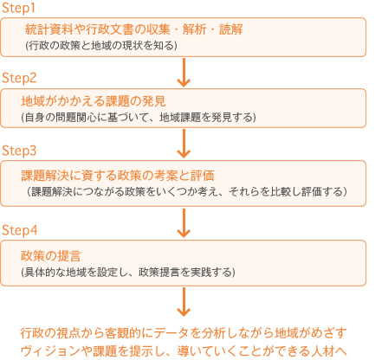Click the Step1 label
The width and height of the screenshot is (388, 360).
click(18, 8)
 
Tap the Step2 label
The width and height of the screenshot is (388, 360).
click(19, 78)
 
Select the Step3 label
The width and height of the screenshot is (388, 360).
click(19, 151)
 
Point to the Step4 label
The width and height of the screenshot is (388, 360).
click(20, 230)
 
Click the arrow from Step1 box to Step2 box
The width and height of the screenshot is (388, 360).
click(184, 72)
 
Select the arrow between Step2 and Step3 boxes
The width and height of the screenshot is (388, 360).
click(184, 144)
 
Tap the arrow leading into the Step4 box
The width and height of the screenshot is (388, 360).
click(184, 223)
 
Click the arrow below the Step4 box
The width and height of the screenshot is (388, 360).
click(184, 302)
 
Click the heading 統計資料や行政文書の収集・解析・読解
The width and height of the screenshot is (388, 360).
click(134, 29)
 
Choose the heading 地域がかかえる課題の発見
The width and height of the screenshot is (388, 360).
click(94, 101)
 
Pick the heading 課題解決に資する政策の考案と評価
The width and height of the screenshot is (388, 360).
click(118, 175)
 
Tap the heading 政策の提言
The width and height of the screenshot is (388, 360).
click(51, 255)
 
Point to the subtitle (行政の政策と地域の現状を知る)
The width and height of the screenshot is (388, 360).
click(101, 46)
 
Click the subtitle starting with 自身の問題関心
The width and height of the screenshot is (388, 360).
click(139, 117)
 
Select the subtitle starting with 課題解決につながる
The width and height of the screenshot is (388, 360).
click(187, 191)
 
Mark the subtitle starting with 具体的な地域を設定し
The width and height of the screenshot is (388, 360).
click(128, 272)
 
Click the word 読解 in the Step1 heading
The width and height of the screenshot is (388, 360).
click(231, 29)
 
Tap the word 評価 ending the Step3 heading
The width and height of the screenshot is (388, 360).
click(203, 175)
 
